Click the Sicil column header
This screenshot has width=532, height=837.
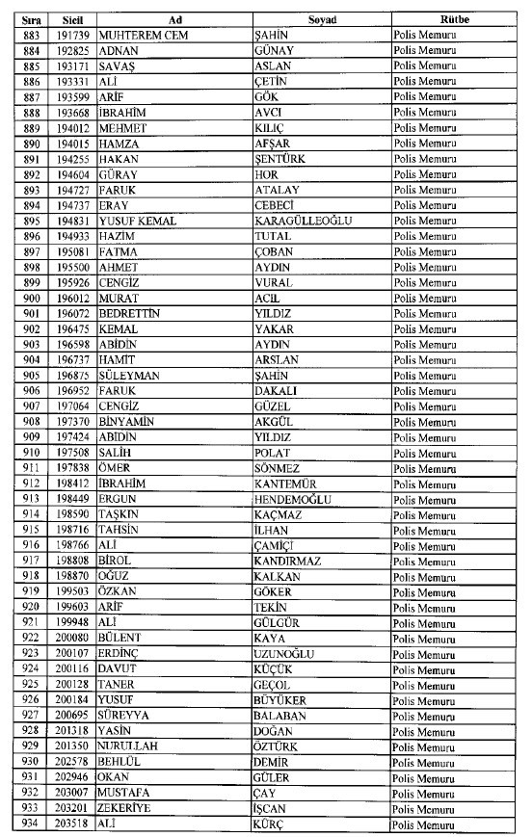pyautogui.click(x=71, y=19)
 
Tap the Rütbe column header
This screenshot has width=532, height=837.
pyautogui.click(x=453, y=19)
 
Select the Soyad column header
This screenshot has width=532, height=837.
pyautogui.click(x=322, y=19)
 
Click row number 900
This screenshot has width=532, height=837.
pyautogui.click(x=32, y=299)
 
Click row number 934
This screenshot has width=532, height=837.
pyautogui.click(x=32, y=824)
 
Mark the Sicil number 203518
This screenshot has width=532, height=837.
pyautogui.click(x=72, y=824)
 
